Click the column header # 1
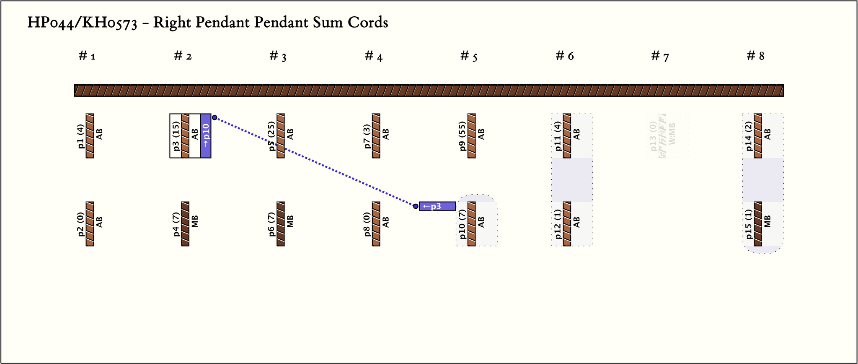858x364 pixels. click(87, 56)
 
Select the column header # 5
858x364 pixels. click(469, 56)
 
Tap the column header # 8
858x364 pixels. click(755, 56)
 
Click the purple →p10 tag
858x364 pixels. click(206, 136)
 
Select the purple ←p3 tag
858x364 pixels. click(437, 206)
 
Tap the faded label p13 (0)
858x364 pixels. click(653, 136)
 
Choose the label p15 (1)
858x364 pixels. click(749, 224)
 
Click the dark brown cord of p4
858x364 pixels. click(185, 224)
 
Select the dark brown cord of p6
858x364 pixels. click(281, 224)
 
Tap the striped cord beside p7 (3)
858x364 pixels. click(376, 136)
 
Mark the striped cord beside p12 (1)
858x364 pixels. click(567, 224)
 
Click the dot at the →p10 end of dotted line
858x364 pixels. click(214, 118)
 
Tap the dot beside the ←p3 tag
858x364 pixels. click(416, 206)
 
